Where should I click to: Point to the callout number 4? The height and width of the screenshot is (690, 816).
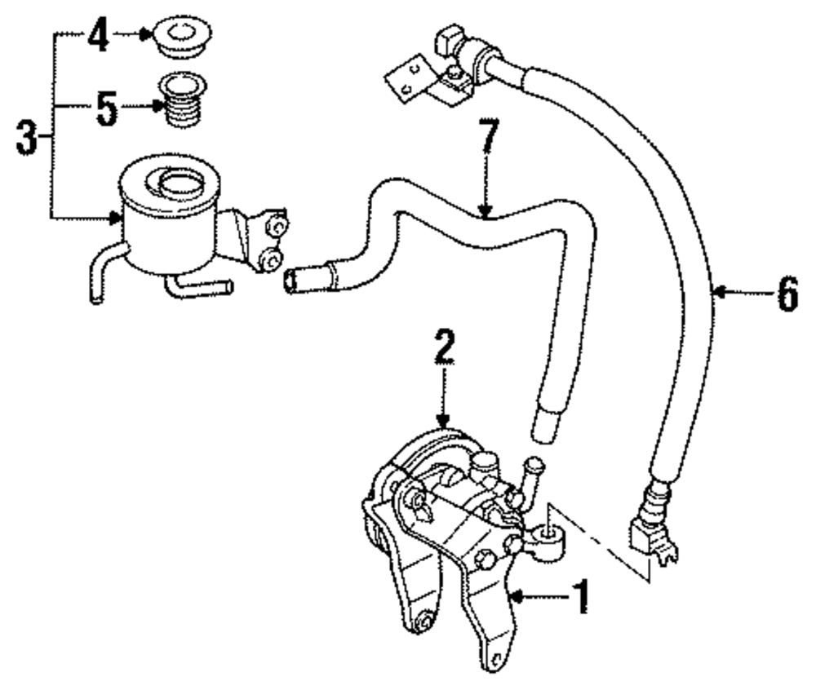(99, 37)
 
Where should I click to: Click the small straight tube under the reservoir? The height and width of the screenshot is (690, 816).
(200, 286)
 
